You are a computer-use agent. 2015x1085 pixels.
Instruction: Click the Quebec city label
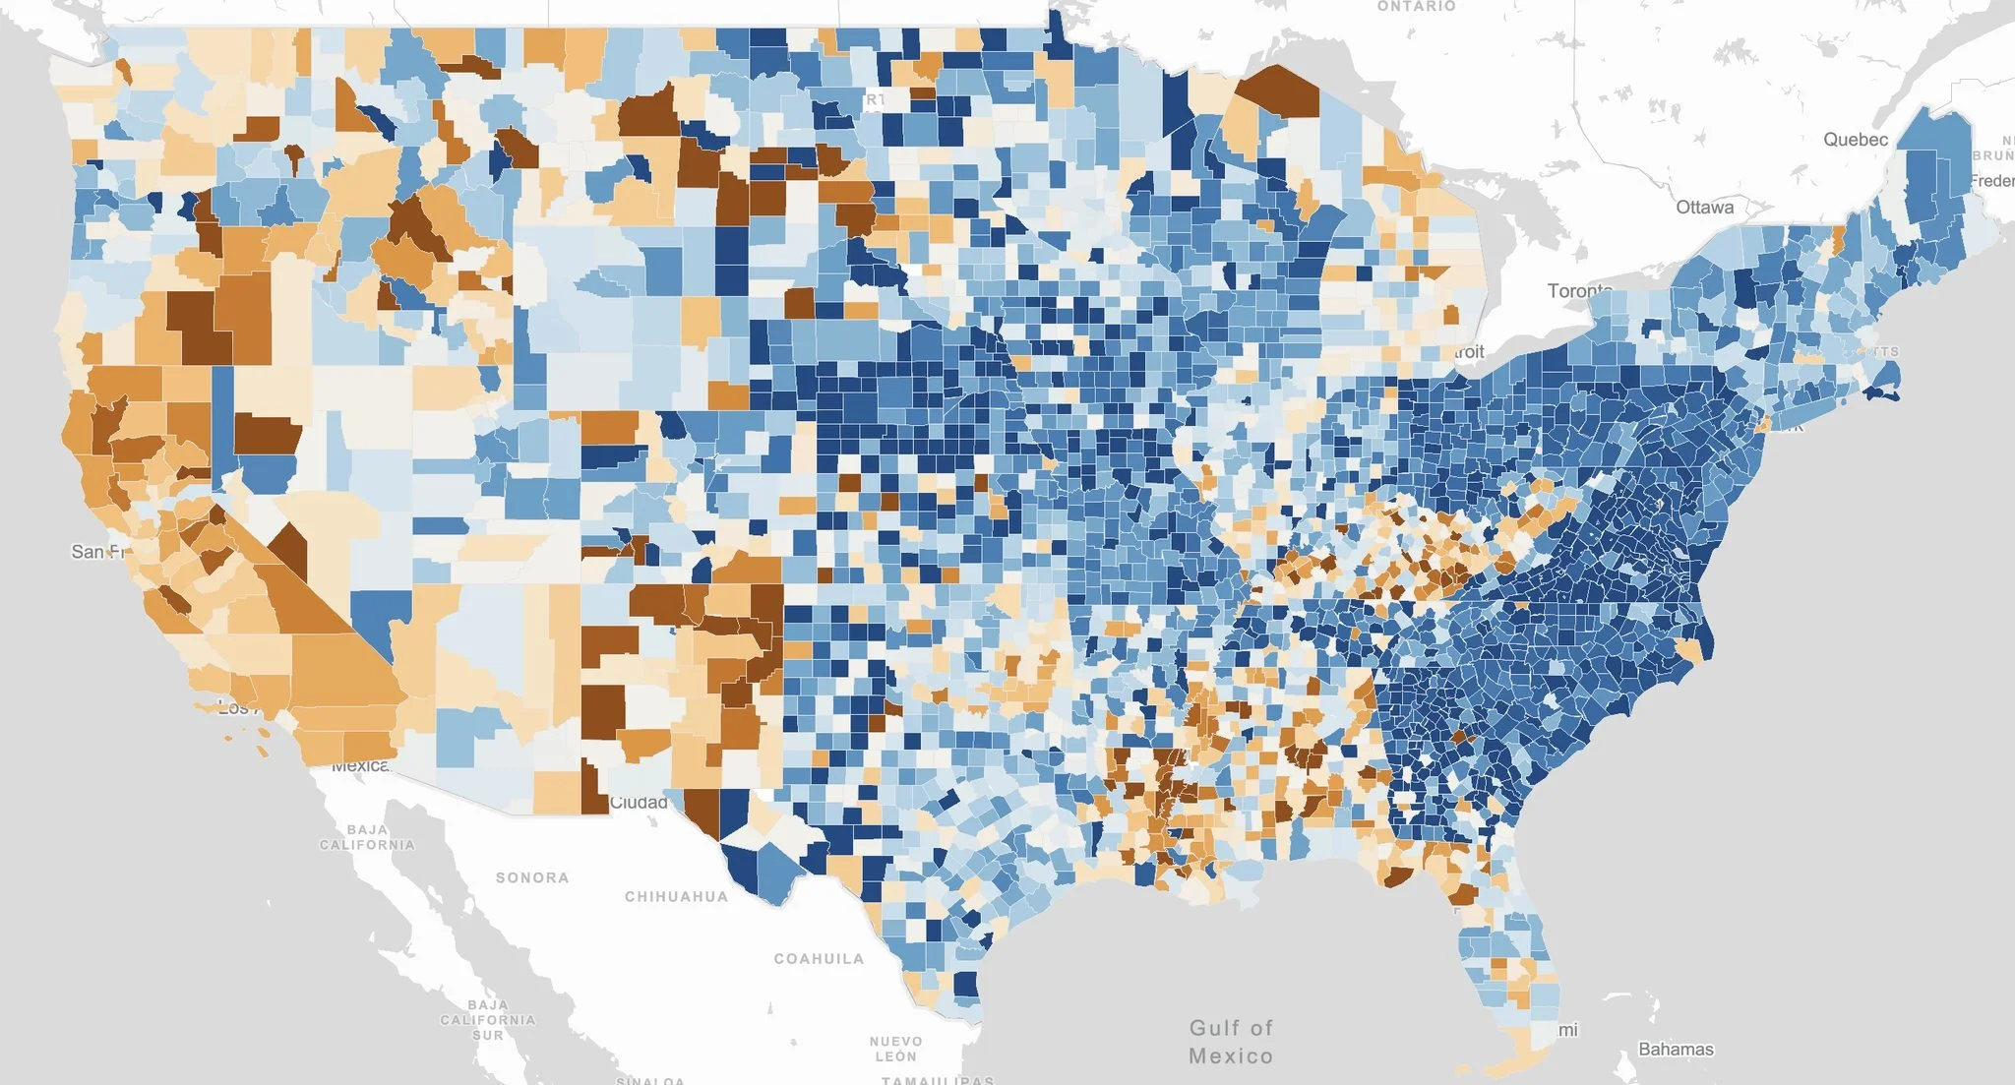[x=1855, y=140]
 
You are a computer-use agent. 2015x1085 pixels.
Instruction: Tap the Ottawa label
[x=1704, y=208]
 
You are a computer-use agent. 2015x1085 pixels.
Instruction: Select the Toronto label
[x=1579, y=290]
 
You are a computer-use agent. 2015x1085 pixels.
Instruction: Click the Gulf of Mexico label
[x=1230, y=1042]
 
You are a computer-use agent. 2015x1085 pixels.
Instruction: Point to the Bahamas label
[x=1676, y=1050]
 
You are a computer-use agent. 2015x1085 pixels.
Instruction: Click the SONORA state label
[x=531, y=877]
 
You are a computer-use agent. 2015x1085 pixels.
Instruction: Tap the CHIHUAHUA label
[x=676, y=896]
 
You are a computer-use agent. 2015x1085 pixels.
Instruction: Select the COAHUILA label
[x=819, y=958]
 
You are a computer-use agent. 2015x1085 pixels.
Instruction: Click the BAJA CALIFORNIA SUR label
[x=487, y=1019]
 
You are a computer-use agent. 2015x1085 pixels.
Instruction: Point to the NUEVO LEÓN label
[x=895, y=1049]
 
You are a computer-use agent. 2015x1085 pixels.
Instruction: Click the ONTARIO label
[x=1416, y=7]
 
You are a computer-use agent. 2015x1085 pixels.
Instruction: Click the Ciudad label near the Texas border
[x=639, y=803]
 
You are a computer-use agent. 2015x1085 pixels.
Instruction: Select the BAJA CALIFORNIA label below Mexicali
[x=367, y=837]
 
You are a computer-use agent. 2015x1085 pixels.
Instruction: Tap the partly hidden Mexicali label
[x=360, y=765]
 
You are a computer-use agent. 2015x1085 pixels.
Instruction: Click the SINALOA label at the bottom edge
[x=649, y=1080]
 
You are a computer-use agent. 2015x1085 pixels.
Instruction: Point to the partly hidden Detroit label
[x=1468, y=352]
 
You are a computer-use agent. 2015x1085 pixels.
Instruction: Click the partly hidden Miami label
[x=1567, y=1030]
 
